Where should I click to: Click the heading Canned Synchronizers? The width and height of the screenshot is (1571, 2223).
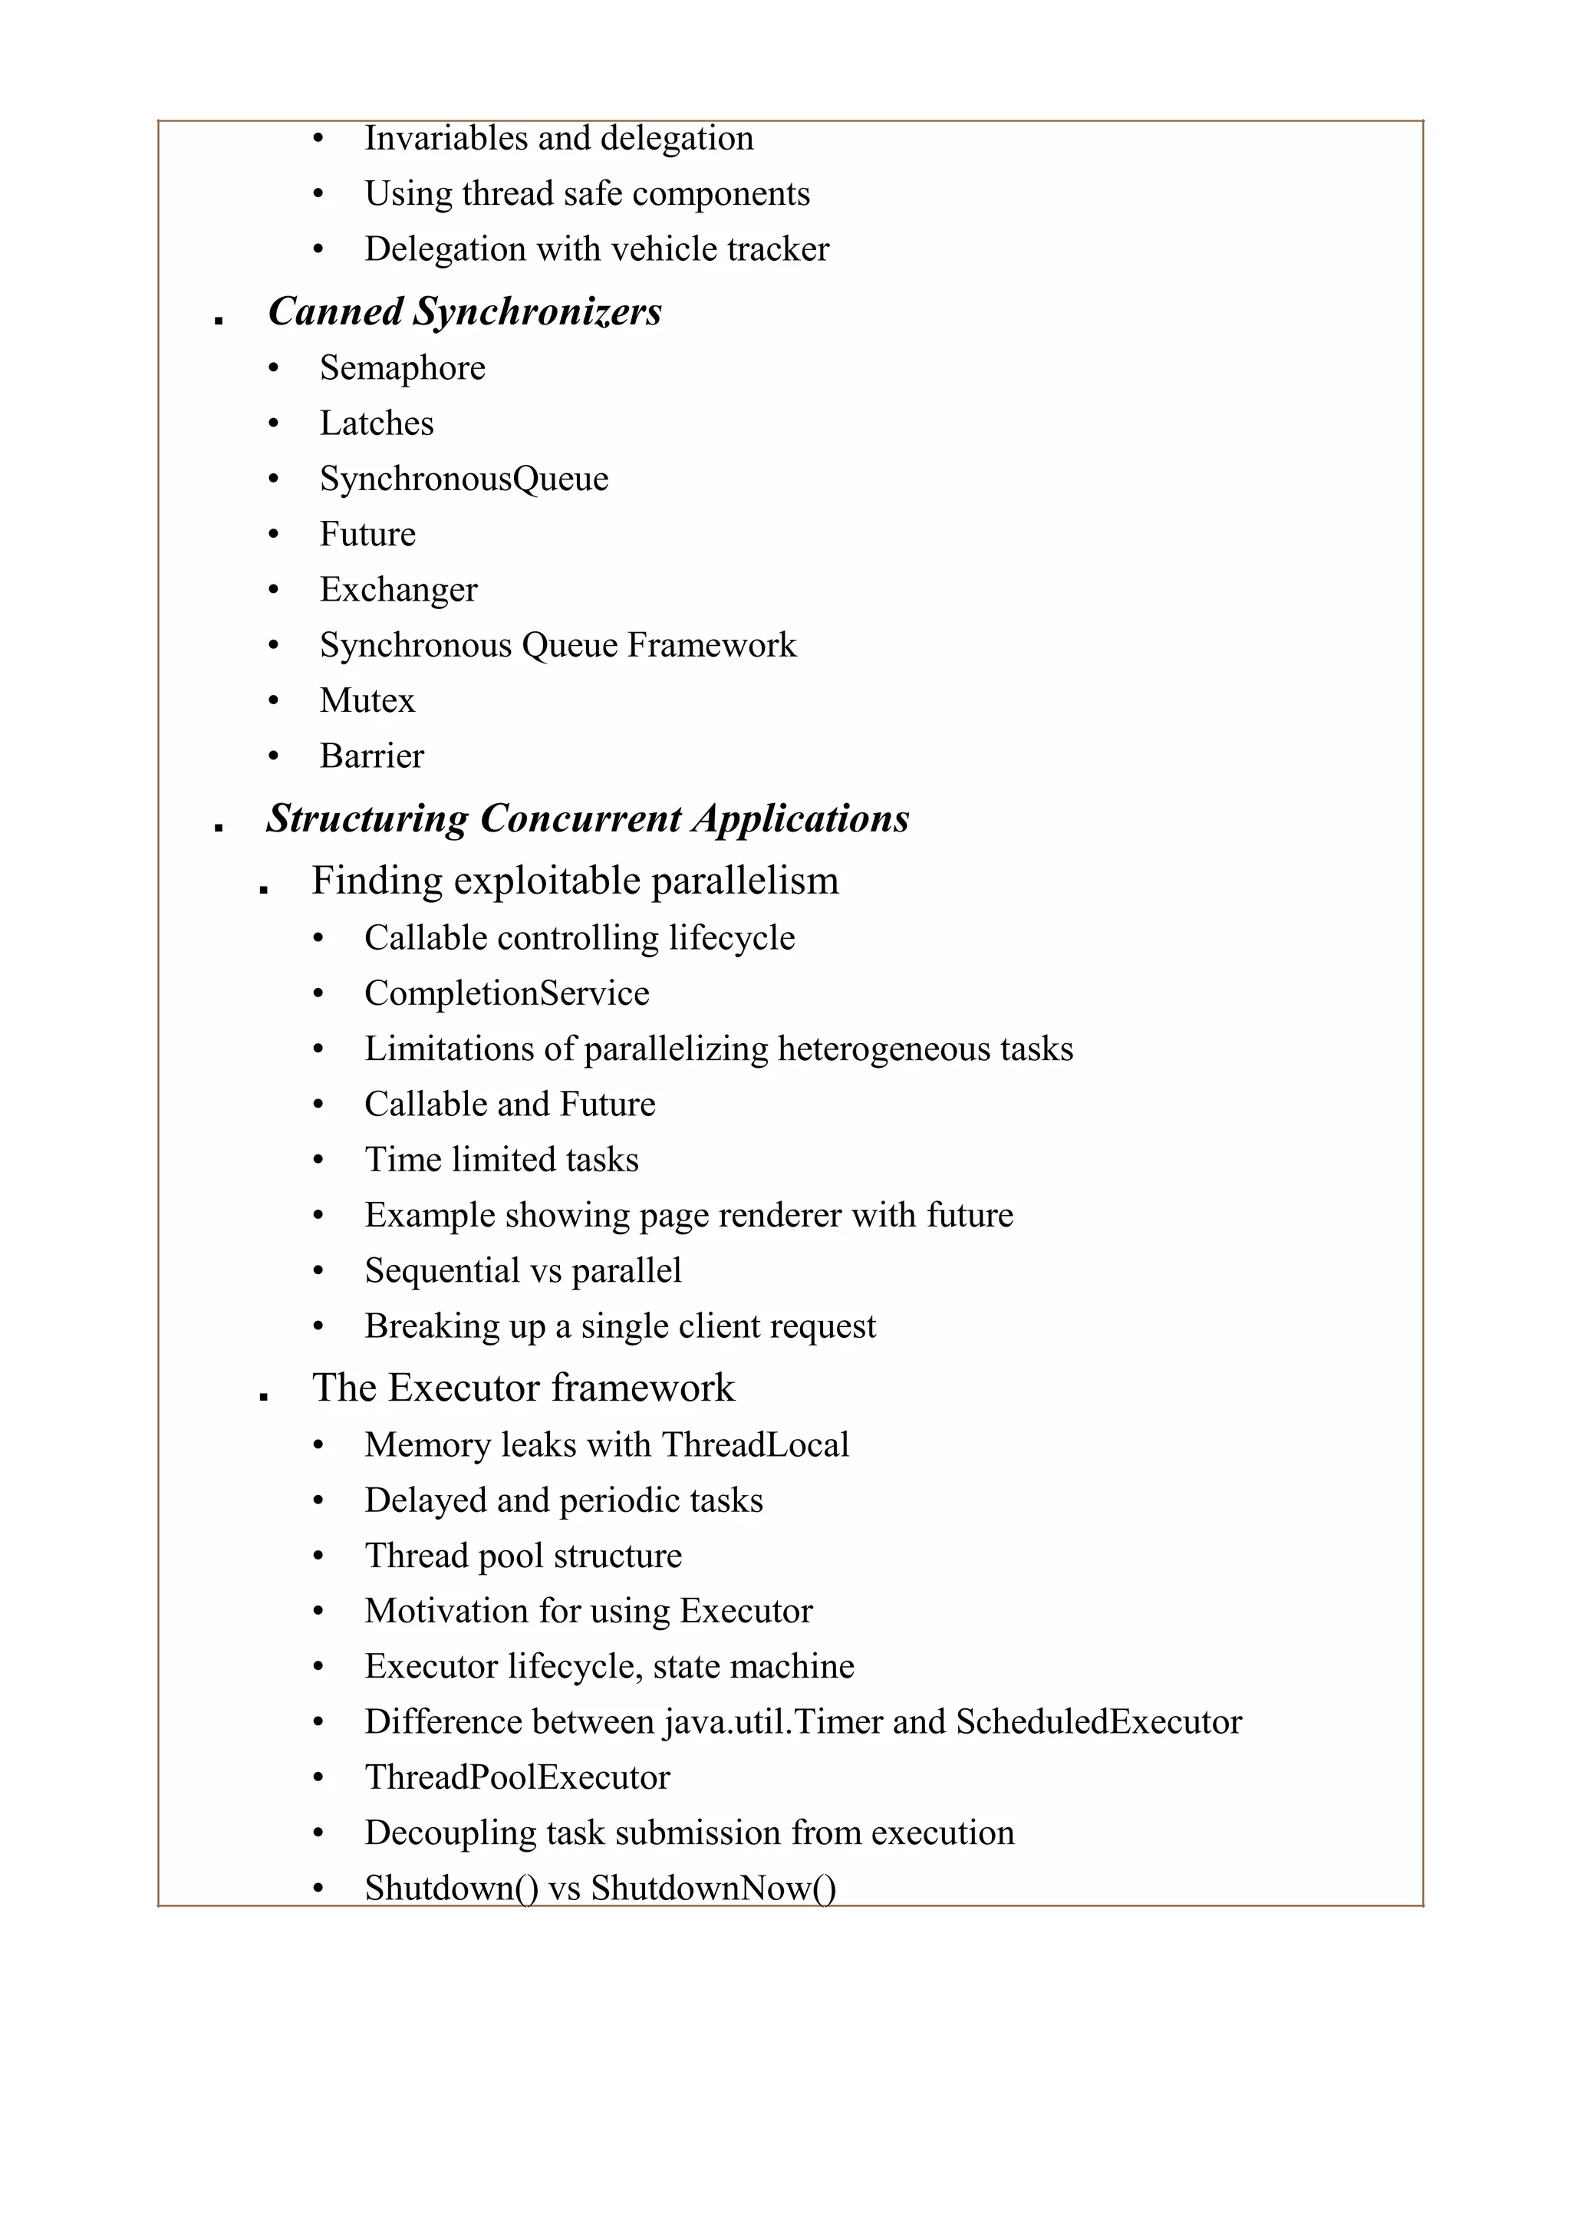click(465, 311)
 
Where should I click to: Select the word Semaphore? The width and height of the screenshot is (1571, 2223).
click(403, 369)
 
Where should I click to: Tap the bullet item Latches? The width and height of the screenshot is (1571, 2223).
click(377, 424)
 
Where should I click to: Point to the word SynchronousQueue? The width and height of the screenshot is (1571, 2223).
click(463, 479)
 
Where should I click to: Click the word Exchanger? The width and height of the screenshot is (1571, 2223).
click(399, 590)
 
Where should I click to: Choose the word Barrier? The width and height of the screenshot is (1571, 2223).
click(372, 756)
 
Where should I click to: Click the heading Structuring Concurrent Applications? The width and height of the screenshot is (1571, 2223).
click(588, 819)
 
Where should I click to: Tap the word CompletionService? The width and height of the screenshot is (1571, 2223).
click(506, 993)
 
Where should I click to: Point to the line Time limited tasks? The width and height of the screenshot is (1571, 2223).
click(502, 1160)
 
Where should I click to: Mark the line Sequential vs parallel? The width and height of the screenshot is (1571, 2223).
click(522, 1271)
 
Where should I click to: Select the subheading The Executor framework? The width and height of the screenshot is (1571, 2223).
click(522, 1388)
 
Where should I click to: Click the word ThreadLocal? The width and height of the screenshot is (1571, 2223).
click(755, 1445)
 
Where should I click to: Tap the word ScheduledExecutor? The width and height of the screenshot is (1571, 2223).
click(1098, 1722)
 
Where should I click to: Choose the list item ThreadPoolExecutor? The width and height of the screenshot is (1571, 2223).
click(517, 1777)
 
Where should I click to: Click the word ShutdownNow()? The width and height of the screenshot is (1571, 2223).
click(713, 1888)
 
